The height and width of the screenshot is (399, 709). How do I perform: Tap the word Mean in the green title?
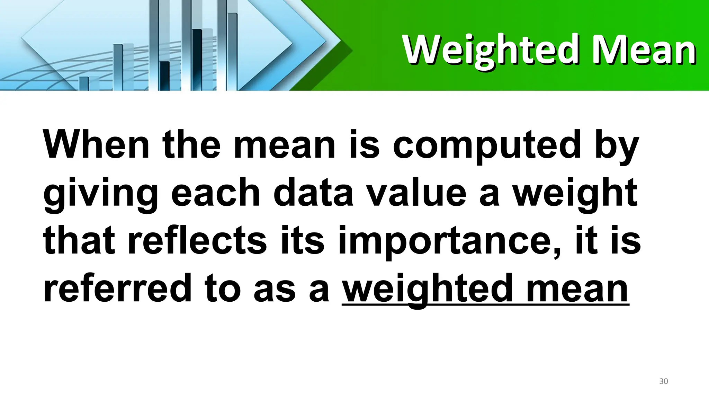pos(644,51)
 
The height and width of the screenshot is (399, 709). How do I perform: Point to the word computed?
pos(487,145)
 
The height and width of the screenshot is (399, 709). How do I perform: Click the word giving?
pos(101,193)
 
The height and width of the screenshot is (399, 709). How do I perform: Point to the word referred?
pos(117,288)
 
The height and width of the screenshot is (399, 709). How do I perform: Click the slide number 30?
pos(663,381)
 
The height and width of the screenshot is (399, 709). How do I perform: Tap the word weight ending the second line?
pos(575,193)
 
